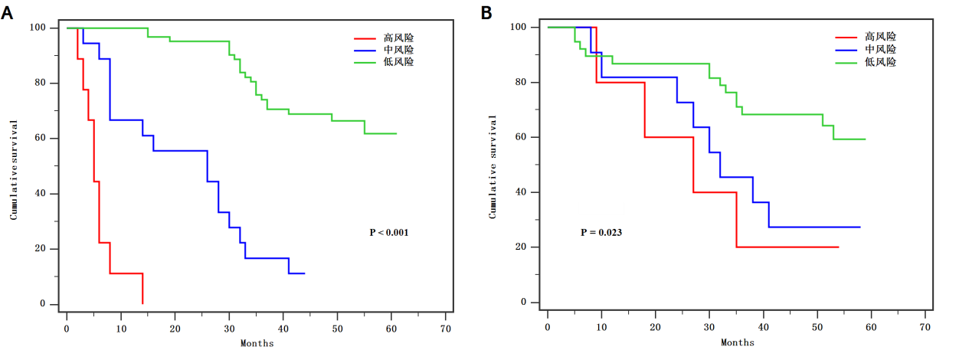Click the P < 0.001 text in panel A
click(389, 232)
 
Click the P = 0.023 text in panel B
click(601, 231)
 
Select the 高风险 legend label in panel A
click(398, 38)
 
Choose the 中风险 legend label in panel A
click(398, 50)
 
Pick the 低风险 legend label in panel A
click(398, 62)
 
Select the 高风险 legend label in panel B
click(880, 36)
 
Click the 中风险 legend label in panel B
click(880, 49)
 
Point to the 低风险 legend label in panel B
click(880, 61)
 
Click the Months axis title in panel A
click(257, 343)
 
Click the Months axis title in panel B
click(737, 342)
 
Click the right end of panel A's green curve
click(396, 133)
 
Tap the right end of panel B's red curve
click(838, 247)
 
